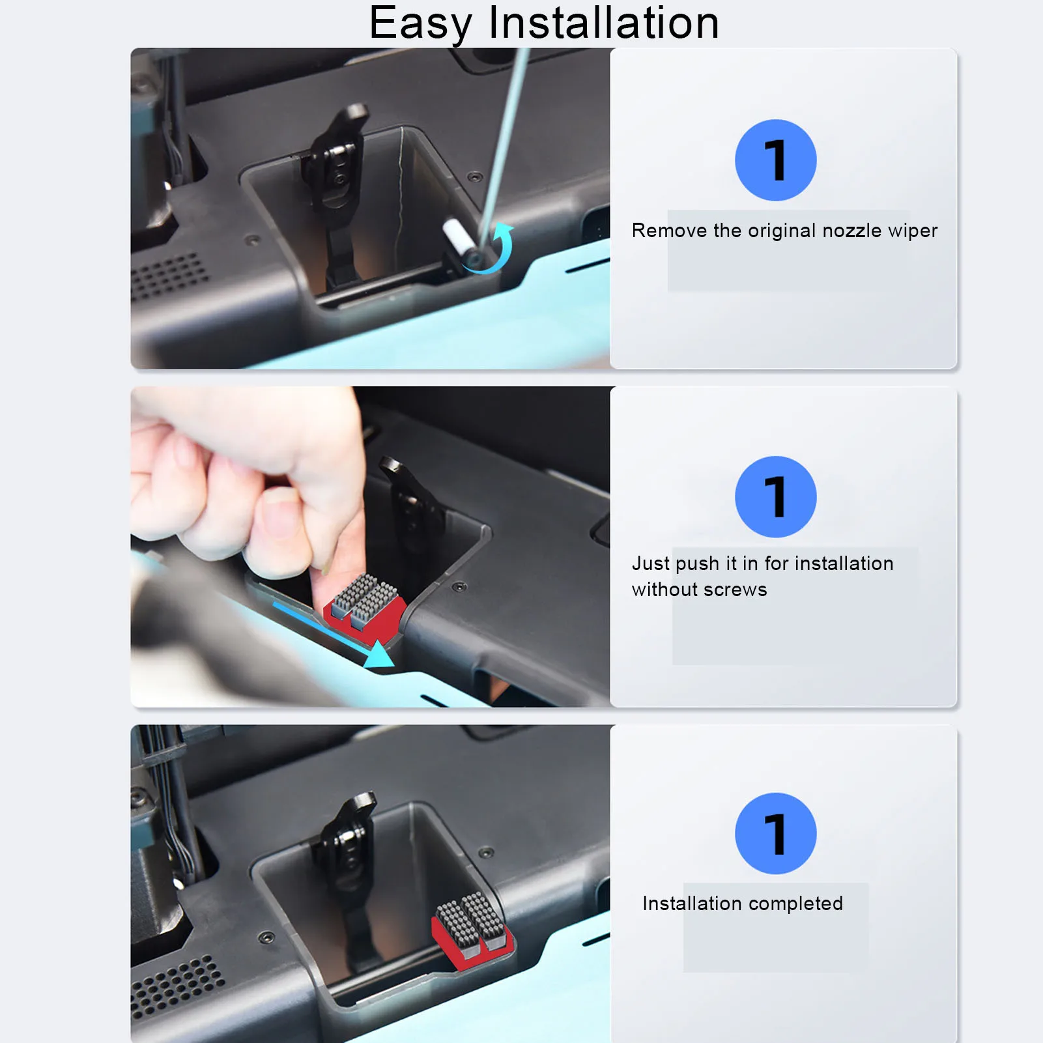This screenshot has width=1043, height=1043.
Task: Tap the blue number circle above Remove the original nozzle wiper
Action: (x=775, y=160)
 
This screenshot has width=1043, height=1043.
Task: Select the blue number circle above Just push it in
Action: (x=775, y=497)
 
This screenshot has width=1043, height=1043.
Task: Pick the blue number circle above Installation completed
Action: (x=775, y=834)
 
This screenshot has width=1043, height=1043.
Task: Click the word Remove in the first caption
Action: (x=669, y=231)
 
